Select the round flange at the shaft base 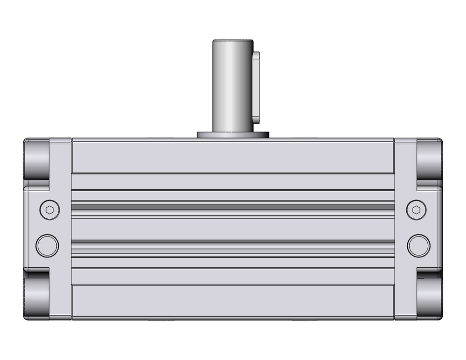[233, 135]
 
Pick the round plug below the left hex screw [48, 245]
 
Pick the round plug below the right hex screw [418, 245]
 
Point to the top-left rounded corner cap [36, 159]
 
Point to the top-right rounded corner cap [429, 159]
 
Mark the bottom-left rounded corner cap [36, 298]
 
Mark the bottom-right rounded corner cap [429, 298]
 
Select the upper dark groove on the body [233, 207]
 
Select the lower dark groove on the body [233, 242]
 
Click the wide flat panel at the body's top [233, 156]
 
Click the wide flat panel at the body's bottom [233, 302]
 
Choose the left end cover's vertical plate [61, 228]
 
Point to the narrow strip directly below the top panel [233, 182]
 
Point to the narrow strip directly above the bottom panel [233, 276]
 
